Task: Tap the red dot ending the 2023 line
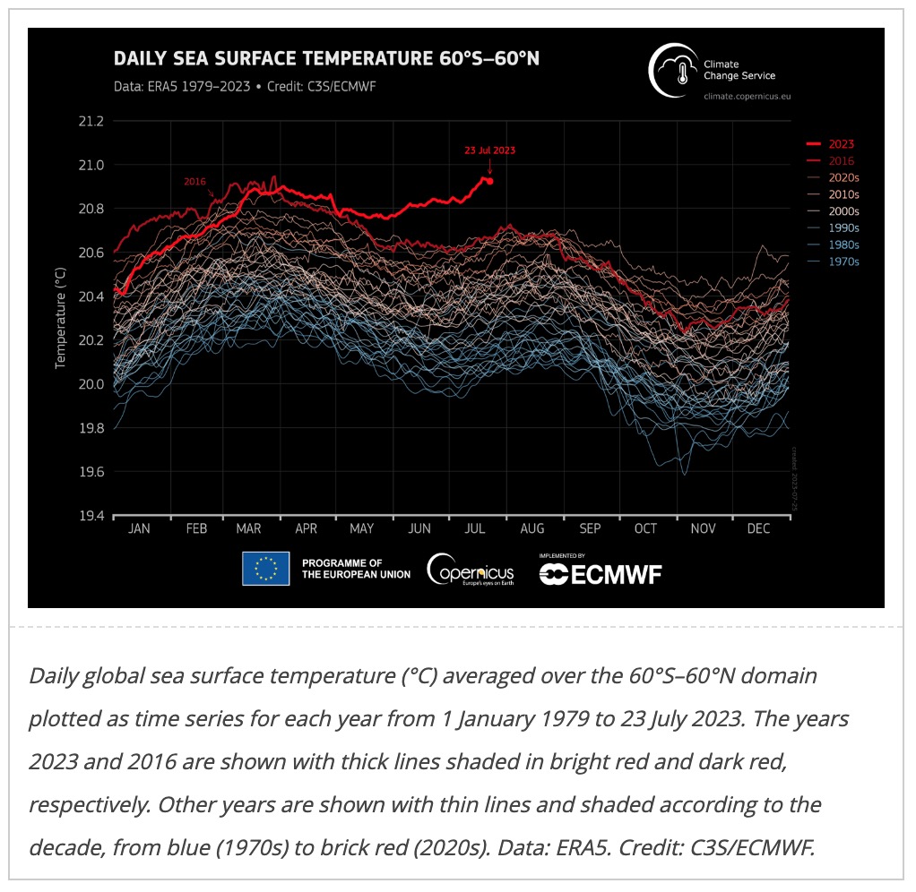(489, 181)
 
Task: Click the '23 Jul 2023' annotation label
(489, 150)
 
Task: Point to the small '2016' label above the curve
(195, 181)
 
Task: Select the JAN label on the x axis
(139, 529)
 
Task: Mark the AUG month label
(532, 529)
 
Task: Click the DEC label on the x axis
(758, 529)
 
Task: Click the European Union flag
(265, 569)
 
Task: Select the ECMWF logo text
(601, 574)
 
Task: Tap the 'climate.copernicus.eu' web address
(747, 94)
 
